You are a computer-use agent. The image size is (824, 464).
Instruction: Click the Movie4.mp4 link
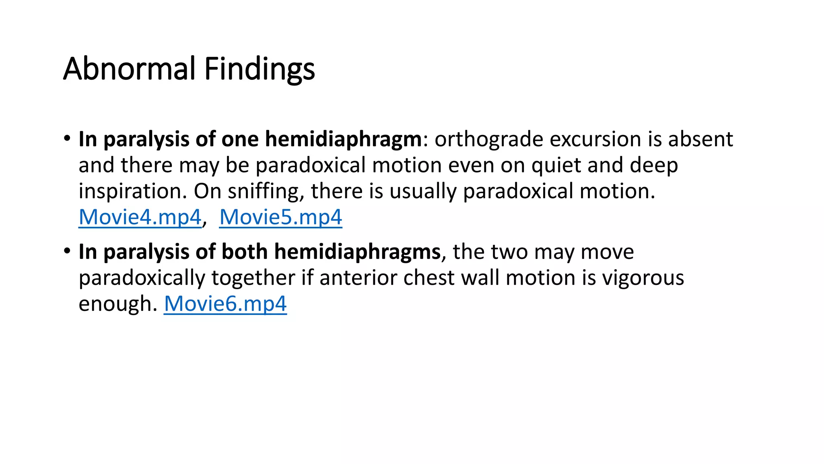(x=140, y=217)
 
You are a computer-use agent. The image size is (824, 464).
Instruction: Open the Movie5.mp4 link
(x=280, y=217)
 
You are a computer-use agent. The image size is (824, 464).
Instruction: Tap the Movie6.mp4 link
(x=225, y=303)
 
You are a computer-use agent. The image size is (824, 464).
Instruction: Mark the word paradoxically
(x=142, y=278)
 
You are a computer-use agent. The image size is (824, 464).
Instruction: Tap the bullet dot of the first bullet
(x=67, y=139)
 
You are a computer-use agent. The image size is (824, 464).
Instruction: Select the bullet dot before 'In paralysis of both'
(x=67, y=251)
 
